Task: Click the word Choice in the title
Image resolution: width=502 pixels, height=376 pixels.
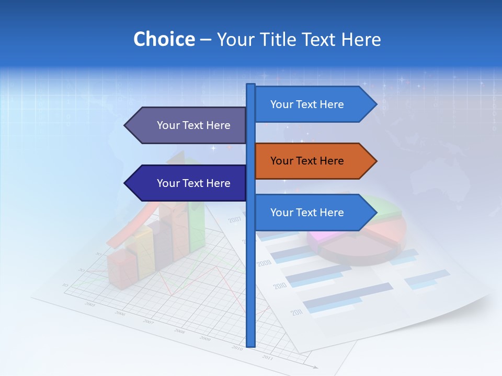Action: [164, 39]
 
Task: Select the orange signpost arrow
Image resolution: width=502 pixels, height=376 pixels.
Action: [314, 161]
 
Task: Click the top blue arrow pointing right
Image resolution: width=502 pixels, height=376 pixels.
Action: [314, 104]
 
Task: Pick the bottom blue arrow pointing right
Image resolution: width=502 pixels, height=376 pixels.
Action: [314, 213]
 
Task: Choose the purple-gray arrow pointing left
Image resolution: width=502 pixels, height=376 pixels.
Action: [186, 125]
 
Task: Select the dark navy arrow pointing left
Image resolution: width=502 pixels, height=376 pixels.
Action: [186, 183]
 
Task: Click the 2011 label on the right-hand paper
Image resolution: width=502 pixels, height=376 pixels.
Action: [297, 313]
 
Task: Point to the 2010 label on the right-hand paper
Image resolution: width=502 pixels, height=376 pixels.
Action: [280, 286]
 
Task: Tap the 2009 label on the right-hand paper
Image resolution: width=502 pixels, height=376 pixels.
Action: [264, 263]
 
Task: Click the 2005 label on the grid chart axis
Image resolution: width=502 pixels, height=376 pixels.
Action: [90, 304]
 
